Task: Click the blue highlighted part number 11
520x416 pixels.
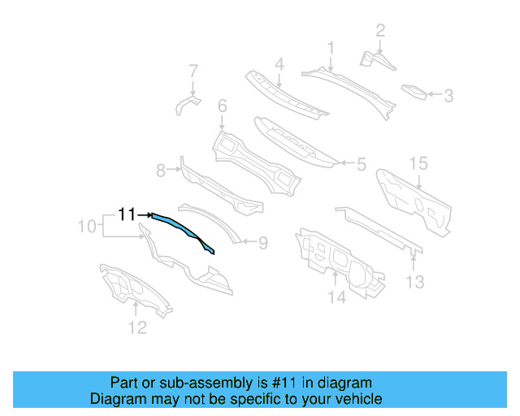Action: (180, 232)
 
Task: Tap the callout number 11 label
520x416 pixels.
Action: (127, 214)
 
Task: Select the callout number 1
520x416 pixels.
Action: (331, 47)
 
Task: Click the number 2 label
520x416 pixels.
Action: (379, 31)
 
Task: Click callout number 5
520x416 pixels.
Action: (362, 163)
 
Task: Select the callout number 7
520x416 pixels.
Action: (193, 70)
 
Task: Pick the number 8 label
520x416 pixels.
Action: (161, 170)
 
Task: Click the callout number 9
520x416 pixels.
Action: (262, 241)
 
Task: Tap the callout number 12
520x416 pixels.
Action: (137, 327)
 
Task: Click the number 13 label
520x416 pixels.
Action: (415, 282)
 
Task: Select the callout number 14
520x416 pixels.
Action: (336, 298)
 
